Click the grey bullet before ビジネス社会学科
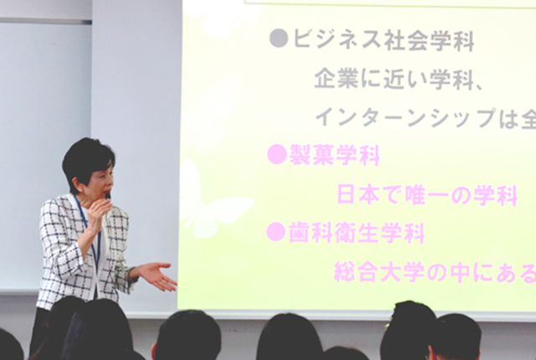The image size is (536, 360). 279,39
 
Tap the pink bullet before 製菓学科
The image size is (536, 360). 276,154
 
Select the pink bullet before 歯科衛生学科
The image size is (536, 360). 276,232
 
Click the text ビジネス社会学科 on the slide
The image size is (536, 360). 384,39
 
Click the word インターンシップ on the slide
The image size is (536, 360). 405,118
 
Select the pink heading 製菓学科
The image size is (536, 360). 335,155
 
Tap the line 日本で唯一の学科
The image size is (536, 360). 427,195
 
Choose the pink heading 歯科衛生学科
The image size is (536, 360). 357,232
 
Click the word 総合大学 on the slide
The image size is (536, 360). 379,272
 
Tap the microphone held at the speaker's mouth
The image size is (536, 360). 108,197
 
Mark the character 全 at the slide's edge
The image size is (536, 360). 528,118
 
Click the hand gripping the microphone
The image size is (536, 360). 97,215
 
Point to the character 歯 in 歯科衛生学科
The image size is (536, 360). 300,232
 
